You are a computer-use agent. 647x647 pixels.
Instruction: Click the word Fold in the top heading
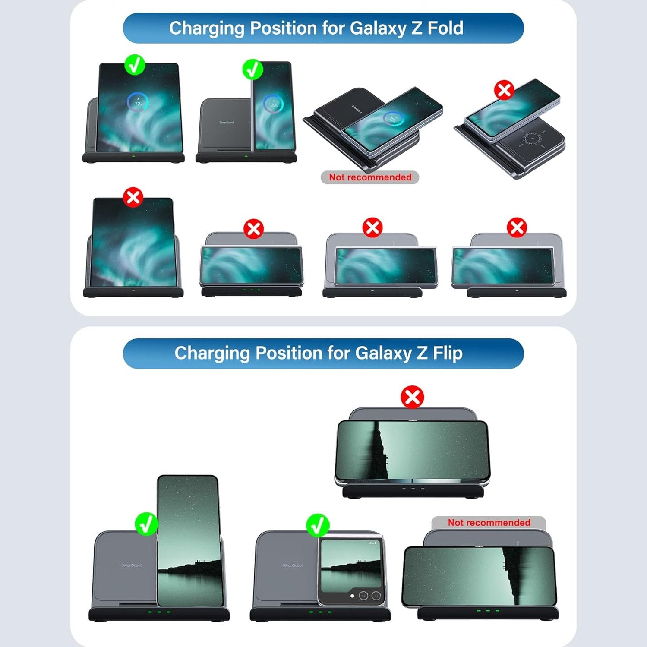445,28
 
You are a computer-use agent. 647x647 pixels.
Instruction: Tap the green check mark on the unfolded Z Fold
135,65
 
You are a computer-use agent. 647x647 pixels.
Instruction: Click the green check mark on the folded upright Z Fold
252,69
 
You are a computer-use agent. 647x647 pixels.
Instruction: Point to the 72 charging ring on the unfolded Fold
138,103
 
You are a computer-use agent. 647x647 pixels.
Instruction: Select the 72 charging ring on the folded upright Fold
273,104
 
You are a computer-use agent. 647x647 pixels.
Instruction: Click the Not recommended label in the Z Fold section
370,177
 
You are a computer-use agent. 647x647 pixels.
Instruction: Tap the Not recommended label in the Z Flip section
489,523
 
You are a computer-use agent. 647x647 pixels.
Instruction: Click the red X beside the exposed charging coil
504,90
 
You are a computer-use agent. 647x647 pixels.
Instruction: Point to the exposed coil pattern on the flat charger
532,139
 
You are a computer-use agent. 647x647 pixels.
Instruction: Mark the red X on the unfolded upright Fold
133,197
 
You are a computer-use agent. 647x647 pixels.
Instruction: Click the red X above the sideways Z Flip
412,397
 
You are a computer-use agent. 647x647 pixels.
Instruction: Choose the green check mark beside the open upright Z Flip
146,524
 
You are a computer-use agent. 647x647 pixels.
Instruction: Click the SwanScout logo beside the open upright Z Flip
132,565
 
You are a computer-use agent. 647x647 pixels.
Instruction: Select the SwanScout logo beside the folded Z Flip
293,565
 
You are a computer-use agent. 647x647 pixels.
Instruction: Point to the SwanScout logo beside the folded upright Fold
227,123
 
